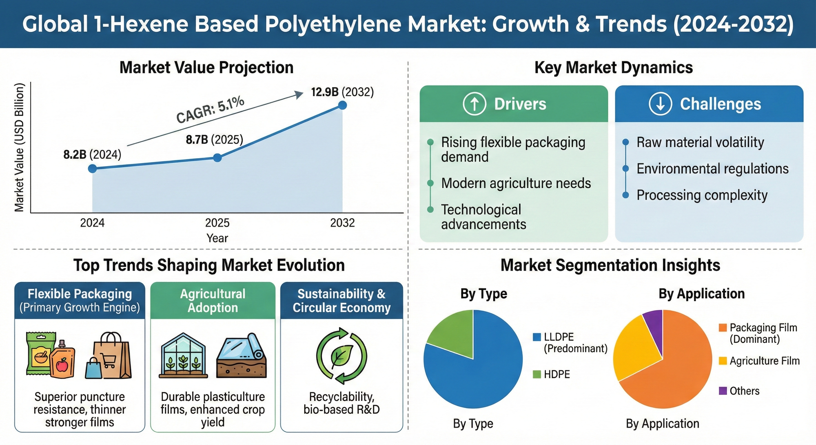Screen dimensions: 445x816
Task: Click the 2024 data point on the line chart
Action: [x=92, y=169]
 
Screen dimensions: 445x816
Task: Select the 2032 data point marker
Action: [x=342, y=105]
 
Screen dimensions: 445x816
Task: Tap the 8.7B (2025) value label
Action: [x=214, y=139]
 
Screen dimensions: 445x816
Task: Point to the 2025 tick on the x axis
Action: [x=217, y=223]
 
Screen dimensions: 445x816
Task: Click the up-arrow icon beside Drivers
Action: [x=474, y=104]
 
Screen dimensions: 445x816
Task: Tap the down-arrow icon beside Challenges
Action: [x=660, y=104]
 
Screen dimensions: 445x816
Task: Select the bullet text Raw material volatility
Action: [x=700, y=142]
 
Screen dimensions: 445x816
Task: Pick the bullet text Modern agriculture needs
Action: [x=516, y=183]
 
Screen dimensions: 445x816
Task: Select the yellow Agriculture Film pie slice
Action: [x=632, y=351]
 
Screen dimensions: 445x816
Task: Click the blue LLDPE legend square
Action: [x=537, y=337]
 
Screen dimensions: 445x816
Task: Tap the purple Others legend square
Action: [x=723, y=391]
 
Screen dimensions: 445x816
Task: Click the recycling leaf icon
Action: [x=341, y=356]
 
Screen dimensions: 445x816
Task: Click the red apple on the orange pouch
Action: [x=62, y=366]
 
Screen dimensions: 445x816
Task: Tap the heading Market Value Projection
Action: [x=207, y=68]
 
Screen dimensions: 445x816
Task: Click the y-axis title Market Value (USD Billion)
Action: [x=19, y=147]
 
